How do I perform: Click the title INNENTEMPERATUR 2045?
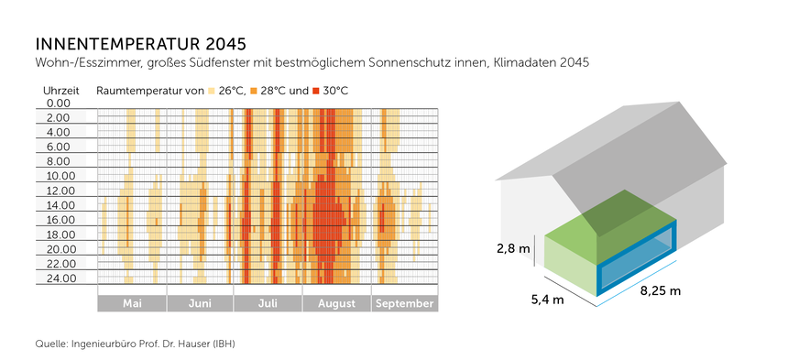[x=140, y=43]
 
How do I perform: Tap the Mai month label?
[x=132, y=304]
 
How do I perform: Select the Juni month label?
[x=200, y=304]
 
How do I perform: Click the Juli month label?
[x=268, y=304]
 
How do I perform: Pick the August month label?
[x=335, y=304]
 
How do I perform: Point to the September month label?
[x=405, y=304]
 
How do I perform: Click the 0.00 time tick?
[x=57, y=104]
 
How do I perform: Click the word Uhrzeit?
[x=61, y=90]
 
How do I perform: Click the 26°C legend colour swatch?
[x=212, y=91]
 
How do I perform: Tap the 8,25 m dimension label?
[x=660, y=291]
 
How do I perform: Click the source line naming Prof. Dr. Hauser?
[x=140, y=344]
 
